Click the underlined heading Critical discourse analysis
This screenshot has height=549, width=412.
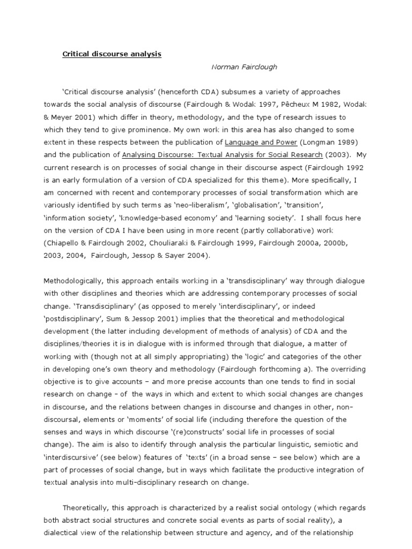(112, 54)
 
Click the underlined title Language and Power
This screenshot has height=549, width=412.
(256, 142)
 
